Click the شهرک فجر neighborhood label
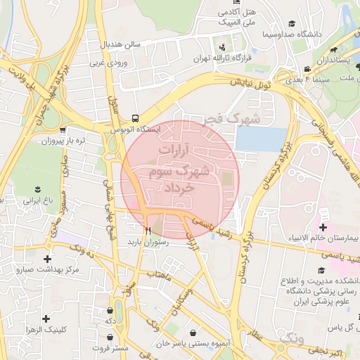[232, 119]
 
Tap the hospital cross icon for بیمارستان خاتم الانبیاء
[323, 227]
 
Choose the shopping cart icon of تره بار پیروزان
[63, 129]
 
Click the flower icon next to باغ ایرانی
[37, 190]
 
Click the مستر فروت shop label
[112, 348]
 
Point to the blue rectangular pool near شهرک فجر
[261, 139]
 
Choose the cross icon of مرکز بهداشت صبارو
[19, 269]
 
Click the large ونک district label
[291, 340]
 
